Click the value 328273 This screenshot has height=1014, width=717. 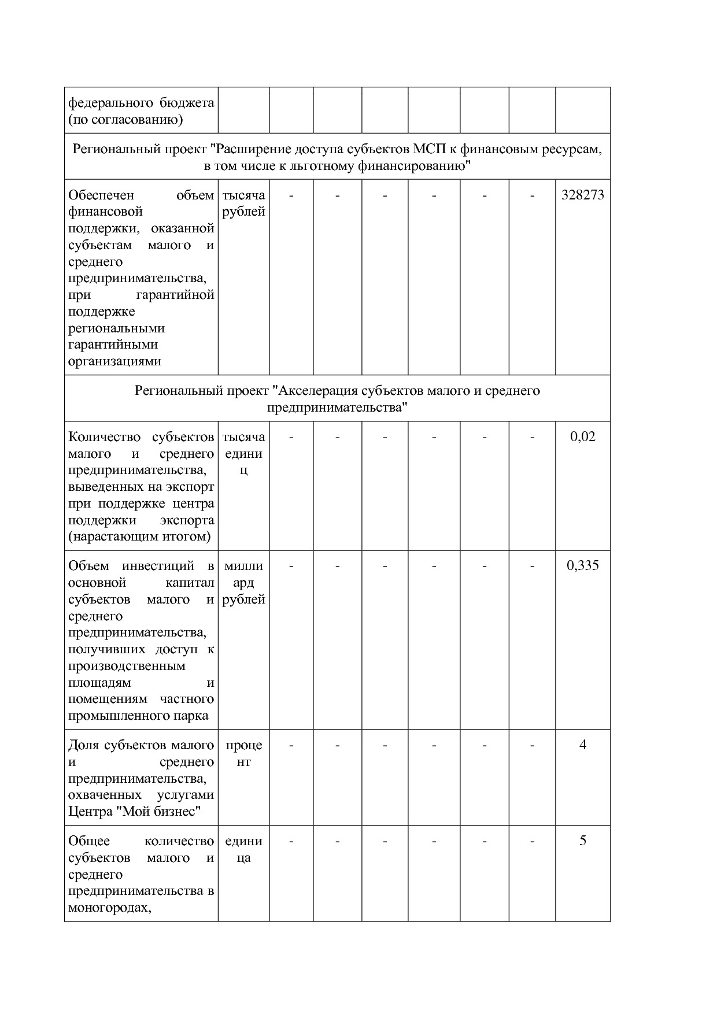(582, 195)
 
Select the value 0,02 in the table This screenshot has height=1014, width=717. (582, 437)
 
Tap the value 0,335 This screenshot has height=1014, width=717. (582, 566)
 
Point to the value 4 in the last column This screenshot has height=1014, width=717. (582, 745)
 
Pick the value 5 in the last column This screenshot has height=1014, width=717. (582, 841)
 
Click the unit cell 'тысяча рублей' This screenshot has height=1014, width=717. (243, 203)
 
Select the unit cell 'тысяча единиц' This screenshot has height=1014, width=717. (243, 454)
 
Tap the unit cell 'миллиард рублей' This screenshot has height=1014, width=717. (243, 583)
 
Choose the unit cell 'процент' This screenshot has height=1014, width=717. (243, 753)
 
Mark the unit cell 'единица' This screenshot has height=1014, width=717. (243, 849)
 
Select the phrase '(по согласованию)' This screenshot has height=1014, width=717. (125, 120)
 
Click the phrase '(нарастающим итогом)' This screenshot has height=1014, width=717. (139, 537)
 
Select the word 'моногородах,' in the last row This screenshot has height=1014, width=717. (110, 908)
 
